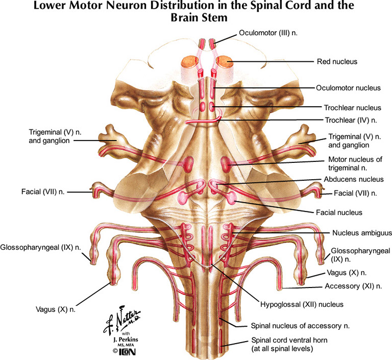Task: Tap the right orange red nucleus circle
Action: (x=224, y=63)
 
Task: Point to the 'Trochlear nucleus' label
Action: (x=352, y=108)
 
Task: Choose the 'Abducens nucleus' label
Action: (x=353, y=179)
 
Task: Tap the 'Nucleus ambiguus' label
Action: (x=356, y=232)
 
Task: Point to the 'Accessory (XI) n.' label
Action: (x=353, y=286)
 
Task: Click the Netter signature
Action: (x=119, y=320)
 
